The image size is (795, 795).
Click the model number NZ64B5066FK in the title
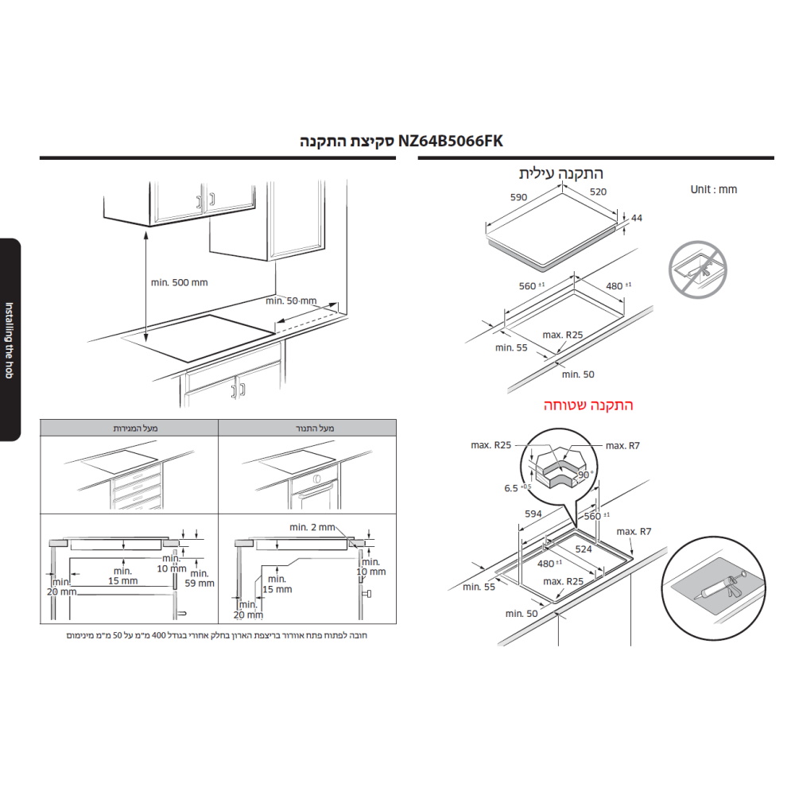pyautogui.click(x=450, y=141)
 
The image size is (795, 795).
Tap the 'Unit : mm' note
pyautogui.click(x=713, y=190)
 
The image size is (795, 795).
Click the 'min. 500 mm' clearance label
pyautogui.click(x=180, y=282)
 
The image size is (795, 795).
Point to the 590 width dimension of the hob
pyautogui.click(x=518, y=197)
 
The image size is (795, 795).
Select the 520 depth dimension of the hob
pyautogui.click(x=599, y=192)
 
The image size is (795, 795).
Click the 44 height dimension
pyautogui.click(x=637, y=218)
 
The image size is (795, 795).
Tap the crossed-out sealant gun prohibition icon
pyautogui.click(x=698, y=270)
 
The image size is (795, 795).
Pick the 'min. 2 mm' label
pyautogui.click(x=312, y=527)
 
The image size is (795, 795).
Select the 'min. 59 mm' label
pyautogui.click(x=200, y=578)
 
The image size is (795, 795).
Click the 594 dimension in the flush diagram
pyautogui.click(x=533, y=514)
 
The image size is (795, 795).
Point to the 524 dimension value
pyautogui.click(x=584, y=549)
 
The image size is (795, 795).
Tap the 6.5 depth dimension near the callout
pyautogui.click(x=511, y=488)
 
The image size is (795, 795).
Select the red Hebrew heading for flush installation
pyautogui.click(x=588, y=405)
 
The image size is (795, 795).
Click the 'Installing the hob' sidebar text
pyautogui.click(x=9, y=340)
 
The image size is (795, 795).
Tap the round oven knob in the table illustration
pyautogui.click(x=317, y=479)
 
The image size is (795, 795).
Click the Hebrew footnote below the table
pyautogui.click(x=217, y=635)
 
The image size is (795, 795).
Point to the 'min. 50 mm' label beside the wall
pyautogui.click(x=291, y=301)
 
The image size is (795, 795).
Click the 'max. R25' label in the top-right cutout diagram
pyautogui.click(x=563, y=335)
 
